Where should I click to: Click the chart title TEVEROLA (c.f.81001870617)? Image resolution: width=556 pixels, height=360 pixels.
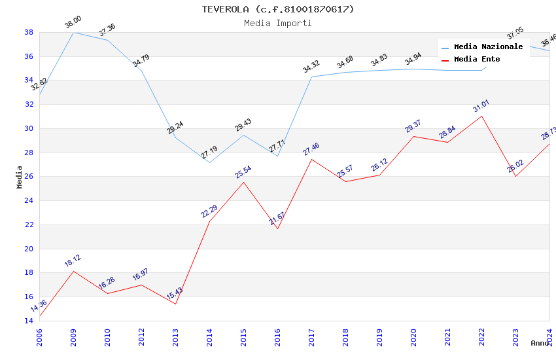tap(277, 9)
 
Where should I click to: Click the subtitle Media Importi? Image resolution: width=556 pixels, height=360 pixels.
tap(277, 23)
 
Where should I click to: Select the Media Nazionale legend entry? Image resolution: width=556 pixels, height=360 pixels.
tap(488, 47)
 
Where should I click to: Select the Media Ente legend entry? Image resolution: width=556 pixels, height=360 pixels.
tap(477, 60)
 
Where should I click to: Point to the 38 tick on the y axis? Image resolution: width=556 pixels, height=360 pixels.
tap(29, 32)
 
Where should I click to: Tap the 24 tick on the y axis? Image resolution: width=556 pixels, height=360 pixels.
tap(29, 201)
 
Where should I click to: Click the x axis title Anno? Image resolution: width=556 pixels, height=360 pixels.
tap(539, 343)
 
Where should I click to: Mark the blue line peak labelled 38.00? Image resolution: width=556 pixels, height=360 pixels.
tap(73, 32)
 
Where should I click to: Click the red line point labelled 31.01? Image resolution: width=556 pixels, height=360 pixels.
tap(481, 116)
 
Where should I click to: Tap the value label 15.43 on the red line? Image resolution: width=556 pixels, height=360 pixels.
tap(174, 293)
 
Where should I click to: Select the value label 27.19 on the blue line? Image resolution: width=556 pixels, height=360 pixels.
tap(209, 153)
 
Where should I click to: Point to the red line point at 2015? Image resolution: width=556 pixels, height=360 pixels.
tap(243, 182)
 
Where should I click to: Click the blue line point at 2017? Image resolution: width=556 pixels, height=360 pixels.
tap(311, 77)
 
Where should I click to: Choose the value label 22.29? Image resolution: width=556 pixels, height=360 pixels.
tap(209, 211)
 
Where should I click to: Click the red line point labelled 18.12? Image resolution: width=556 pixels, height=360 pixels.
tap(73, 271)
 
